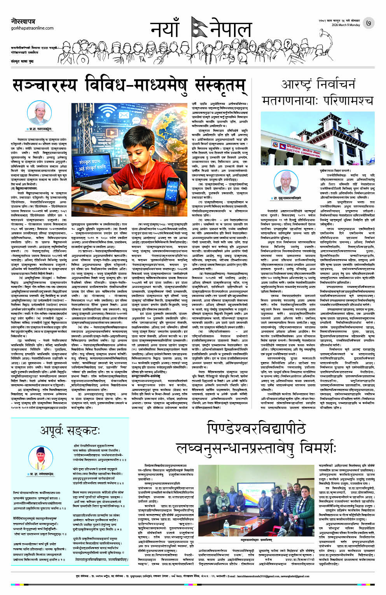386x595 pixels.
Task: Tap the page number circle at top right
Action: pos(369,23)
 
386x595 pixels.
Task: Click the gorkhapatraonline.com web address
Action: pos(32,28)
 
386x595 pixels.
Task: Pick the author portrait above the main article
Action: pos(40,113)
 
